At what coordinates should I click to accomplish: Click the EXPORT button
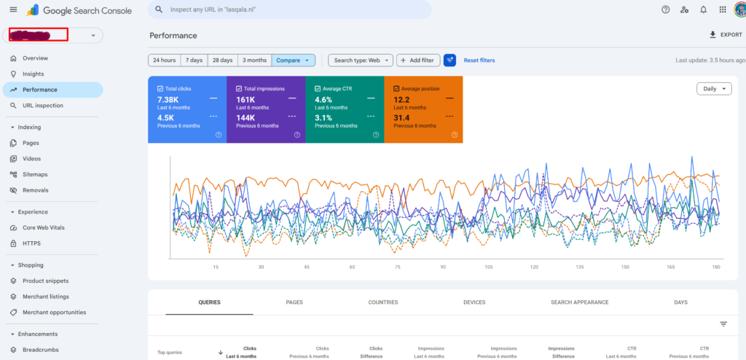pyautogui.click(x=726, y=35)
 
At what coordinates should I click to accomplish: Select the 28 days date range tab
pyautogui.click(x=222, y=60)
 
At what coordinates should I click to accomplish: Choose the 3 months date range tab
pyautogui.click(x=254, y=60)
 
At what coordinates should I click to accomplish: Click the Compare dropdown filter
pyautogui.click(x=294, y=60)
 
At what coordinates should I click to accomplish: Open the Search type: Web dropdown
pyautogui.click(x=360, y=60)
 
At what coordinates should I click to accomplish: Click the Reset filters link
pyautogui.click(x=479, y=60)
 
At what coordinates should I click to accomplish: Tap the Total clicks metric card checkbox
pyautogui.click(x=161, y=88)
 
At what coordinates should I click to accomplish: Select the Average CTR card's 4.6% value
pyautogui.click(x=323, y=99)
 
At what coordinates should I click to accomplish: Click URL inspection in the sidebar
pyautogui.click(x=42, y=106)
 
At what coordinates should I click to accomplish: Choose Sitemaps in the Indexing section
pyautogui.click(x=35, y=175)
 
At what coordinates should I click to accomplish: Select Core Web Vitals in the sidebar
pyautogui.click(x=44, y=228)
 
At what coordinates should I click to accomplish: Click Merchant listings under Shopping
pyautogui.click(x=46, y=297)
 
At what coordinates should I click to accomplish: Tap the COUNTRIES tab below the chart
pyautogui.click(x=383, y=302)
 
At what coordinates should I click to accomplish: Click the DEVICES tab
pyautogui.click(x=475, y=302)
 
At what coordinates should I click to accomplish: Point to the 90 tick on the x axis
pyautogui.click(x=443, y=267)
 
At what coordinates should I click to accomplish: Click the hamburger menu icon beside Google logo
pyautogui.click(x=13, y=9)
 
